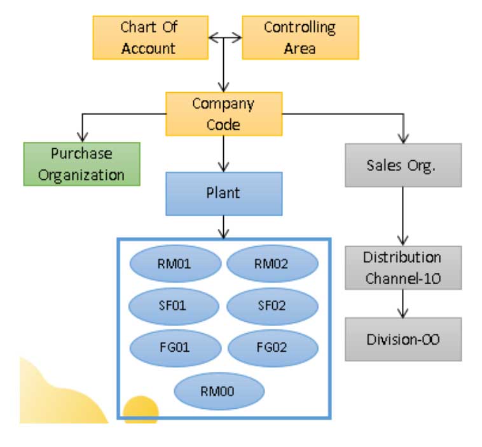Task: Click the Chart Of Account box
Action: (x=150, y=38)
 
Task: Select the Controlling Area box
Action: (x=300, y=38)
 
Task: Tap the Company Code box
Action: (x=223, y=114)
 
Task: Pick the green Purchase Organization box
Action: (x=81, y=164)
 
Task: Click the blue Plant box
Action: (x=223, y=193)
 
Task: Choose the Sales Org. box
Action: (x=403, y=165)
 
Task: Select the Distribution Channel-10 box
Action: (x=403, y=268)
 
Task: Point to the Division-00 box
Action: (x=403, y=339)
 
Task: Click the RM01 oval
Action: (x=174, y=264)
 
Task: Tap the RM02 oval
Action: (x=272, y=264)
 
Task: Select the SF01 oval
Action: (x=174, y=306)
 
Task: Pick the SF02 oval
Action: (x=272, y=306)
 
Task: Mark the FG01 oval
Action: (x=174, y=348)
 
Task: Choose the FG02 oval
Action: (x=272, y=348)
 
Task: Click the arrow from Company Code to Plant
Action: (x=223, y=153)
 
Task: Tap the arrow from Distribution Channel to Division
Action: (x=403, y=303)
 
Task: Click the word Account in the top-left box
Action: (x=149, y=48)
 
